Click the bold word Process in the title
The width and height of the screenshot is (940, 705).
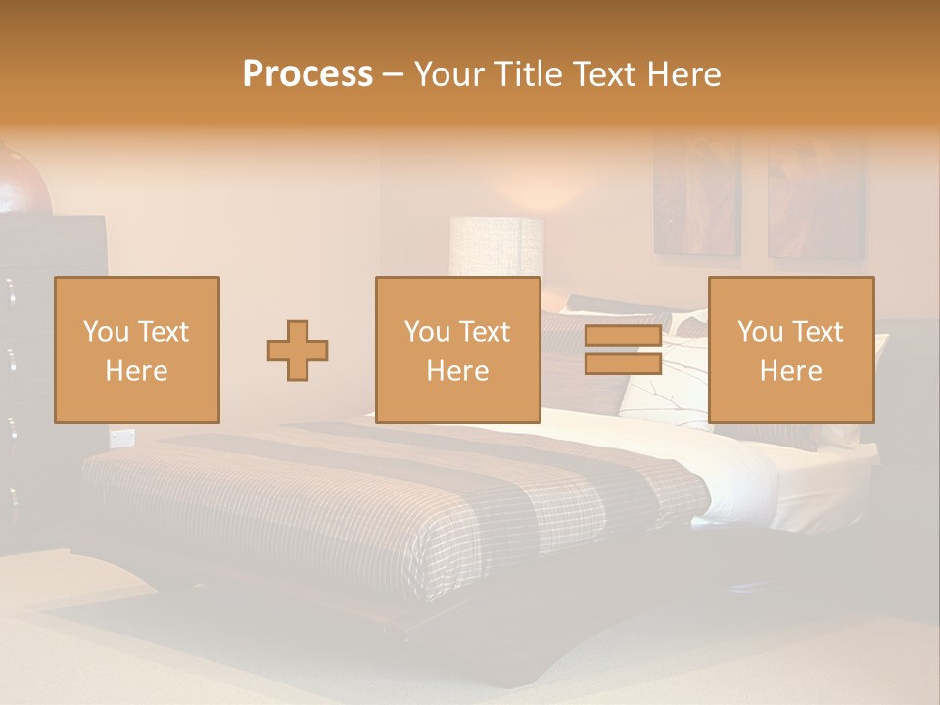tap(307, 74)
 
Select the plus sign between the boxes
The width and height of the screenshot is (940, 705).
tap(298, 351)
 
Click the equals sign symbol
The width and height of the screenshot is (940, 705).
tap(623, 350)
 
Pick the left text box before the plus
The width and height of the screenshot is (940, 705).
tap(136, 350)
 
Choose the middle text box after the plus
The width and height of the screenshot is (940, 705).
tap(457, 350)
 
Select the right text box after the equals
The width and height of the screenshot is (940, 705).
tap(790, 350)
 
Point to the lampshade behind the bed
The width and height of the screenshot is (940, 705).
tap(496, 246)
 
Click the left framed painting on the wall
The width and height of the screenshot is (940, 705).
tap(697, 196)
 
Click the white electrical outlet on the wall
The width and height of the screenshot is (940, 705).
tap(122, 438)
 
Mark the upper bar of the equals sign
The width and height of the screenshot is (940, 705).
tap(623, 336)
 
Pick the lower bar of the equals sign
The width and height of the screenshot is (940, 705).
tap(623, 363)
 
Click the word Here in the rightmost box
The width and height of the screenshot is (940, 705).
tap(790, 370)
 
